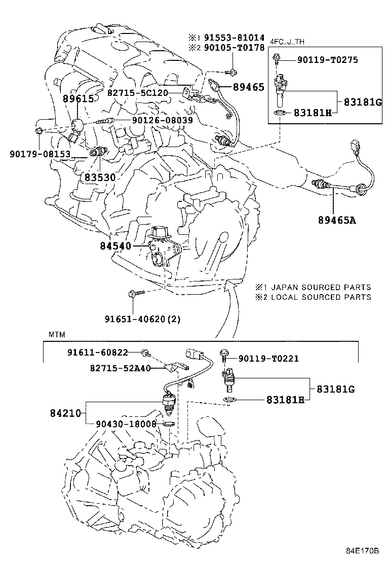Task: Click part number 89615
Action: [78, 98]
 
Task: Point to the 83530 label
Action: [100, 178]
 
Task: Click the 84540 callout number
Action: [115, 246]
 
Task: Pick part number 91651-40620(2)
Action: [143, 319]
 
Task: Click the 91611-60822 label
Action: [97, 352]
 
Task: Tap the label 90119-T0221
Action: [268, 359]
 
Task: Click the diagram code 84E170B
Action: [362, 551]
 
